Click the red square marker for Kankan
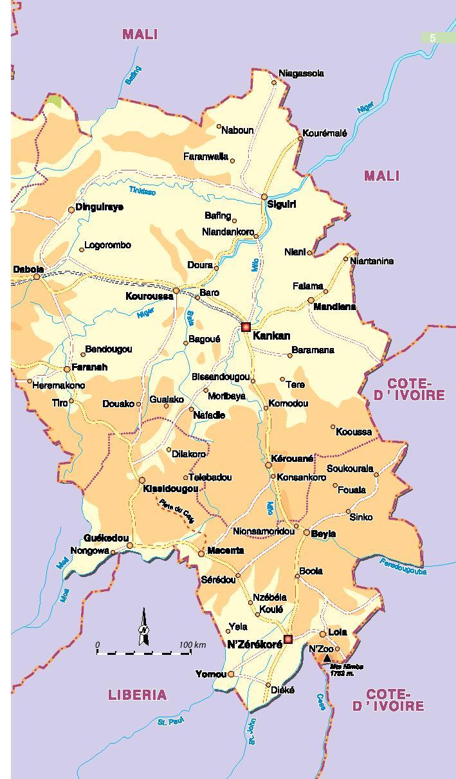[246, 327]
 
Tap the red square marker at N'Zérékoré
[288, 639]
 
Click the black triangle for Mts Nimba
[327, 658]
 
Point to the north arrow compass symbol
[144, 628]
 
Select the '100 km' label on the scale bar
[192, 645]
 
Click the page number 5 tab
[433, 38]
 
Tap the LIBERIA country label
[137, 695]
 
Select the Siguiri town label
[282, 205]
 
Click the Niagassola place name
[301, 73]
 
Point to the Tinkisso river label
[142, 190]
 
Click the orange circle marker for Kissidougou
[142, 480]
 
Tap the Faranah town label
[89, 367]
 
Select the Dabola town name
[28, 270]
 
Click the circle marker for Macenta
[201, 553]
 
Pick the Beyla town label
[324, 534]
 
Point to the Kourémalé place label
[325, 133]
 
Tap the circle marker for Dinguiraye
[71, 210]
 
